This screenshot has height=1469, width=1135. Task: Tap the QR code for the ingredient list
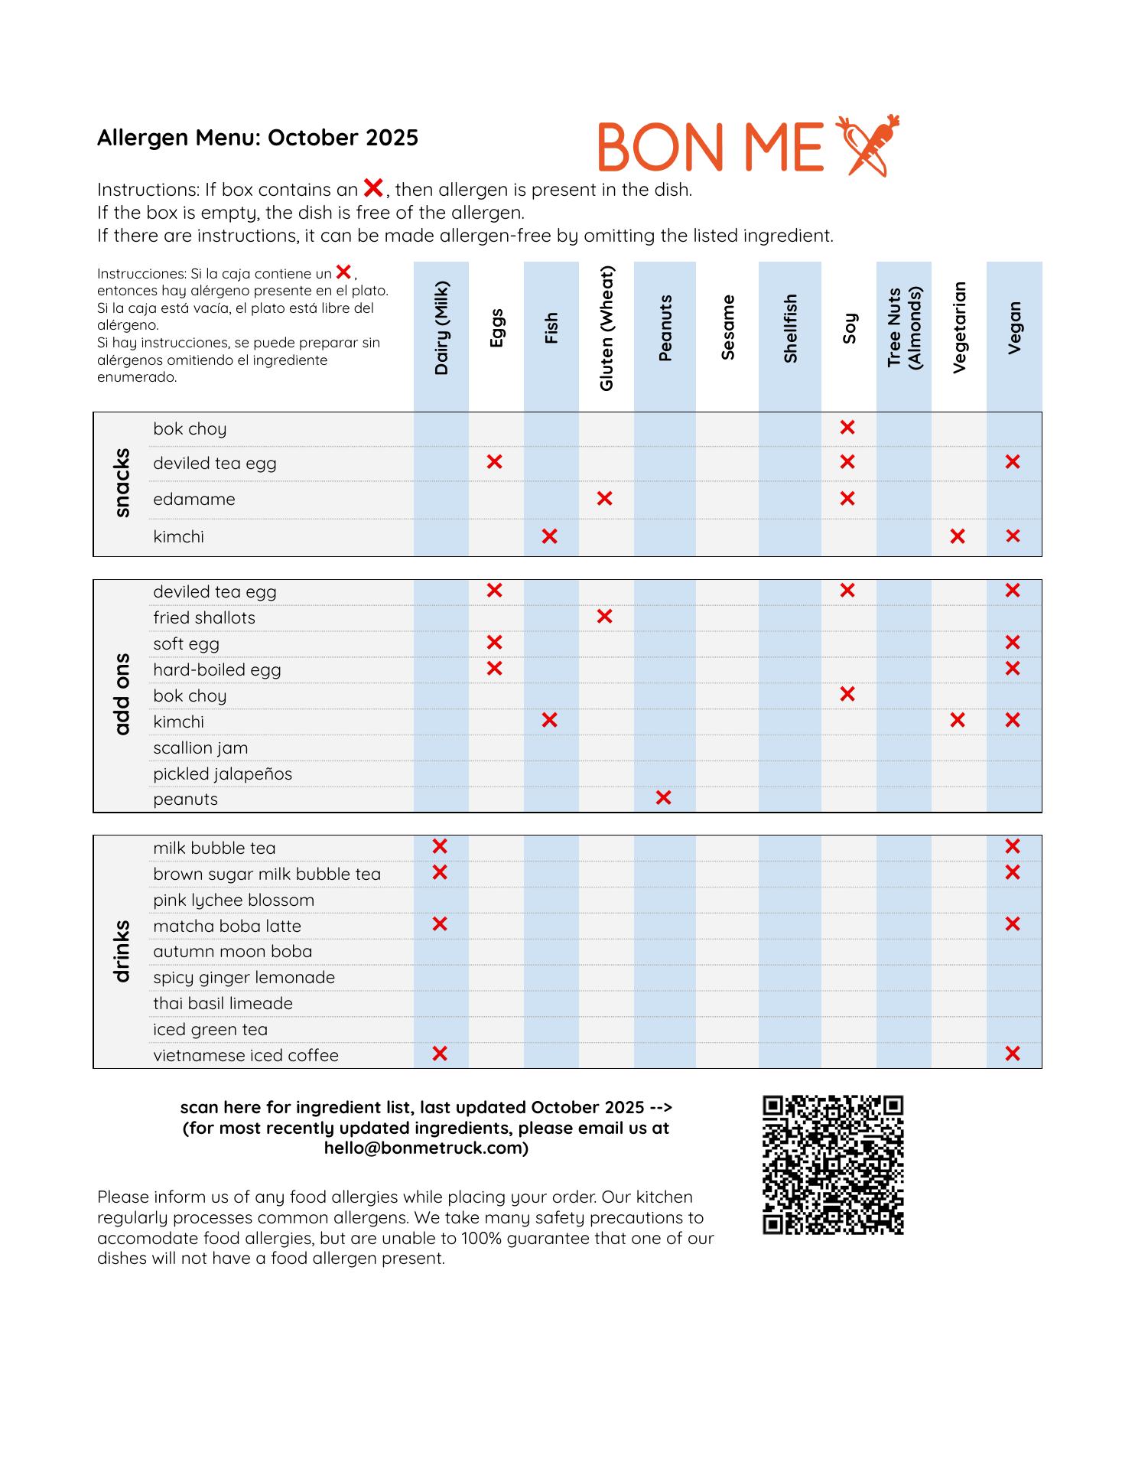point(833,1164)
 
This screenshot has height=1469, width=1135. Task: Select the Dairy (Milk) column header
point(441,328)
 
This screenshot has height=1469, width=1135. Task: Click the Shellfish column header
point(790,328)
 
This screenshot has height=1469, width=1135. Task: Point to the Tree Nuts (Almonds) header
point(904,327)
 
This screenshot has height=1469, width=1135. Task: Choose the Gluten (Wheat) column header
point(607,328)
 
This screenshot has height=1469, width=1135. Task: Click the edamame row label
point(194,500)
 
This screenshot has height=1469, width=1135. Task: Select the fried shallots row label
point(204,617)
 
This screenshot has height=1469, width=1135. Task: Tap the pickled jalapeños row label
point(223,774)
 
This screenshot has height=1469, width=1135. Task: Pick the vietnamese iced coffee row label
point(246,1055)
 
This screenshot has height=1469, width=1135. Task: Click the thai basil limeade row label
point(223,1003)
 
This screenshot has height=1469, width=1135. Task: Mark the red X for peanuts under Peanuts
point(664,798)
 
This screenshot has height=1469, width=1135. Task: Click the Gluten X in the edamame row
point(604,499)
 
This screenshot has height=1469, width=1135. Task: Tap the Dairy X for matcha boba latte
point(440,924)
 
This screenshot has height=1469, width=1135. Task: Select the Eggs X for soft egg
point(495,643)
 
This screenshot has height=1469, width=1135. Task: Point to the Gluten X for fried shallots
point(604,617)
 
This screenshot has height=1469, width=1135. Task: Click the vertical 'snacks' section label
point(122,483)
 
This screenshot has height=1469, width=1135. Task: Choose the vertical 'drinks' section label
point(122,950)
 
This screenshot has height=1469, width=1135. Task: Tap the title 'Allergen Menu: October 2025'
point(258,138)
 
